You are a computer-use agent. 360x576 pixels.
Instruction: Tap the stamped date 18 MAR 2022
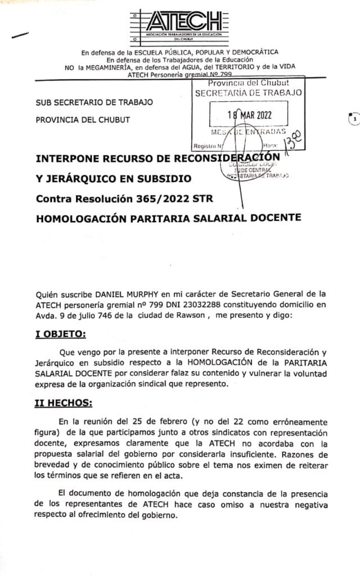click(x=249, y=114)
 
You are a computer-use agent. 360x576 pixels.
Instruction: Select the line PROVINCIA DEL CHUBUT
click(x=83, y=119)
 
